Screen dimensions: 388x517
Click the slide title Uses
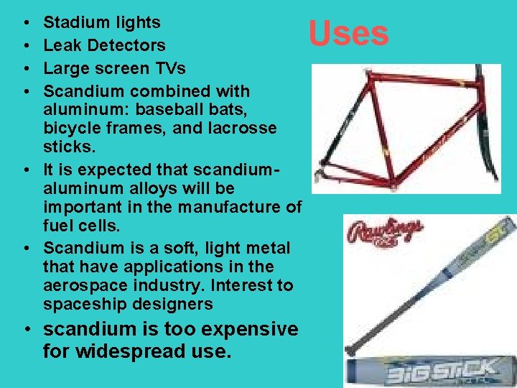click(x=348, y=33)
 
